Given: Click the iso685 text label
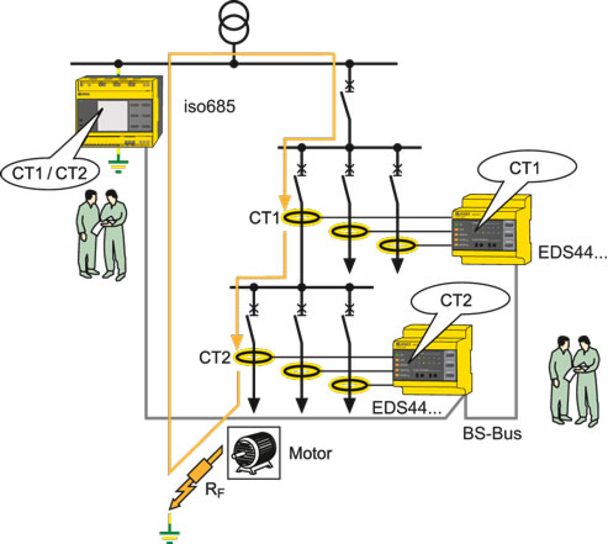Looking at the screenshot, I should click(x=210, y=106).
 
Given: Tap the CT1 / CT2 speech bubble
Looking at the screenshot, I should click(x=49, y=174).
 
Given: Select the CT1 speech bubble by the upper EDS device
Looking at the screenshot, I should click(x=526, y=168).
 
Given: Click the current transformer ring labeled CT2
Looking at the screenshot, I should click(x=253, y=357).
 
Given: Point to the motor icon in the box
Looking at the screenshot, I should click(x=253, y=453).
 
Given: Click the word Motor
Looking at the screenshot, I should click(x=310, y=454).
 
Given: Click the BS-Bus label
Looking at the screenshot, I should click(x=492, y=433).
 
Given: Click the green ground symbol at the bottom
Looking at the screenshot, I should click(x=170, y=535).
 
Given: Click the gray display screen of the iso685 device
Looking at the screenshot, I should click(x=113, y=116).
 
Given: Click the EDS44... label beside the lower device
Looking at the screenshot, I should click(x=407, y=408).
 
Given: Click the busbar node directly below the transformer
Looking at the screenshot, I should click(x=234, y=64).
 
